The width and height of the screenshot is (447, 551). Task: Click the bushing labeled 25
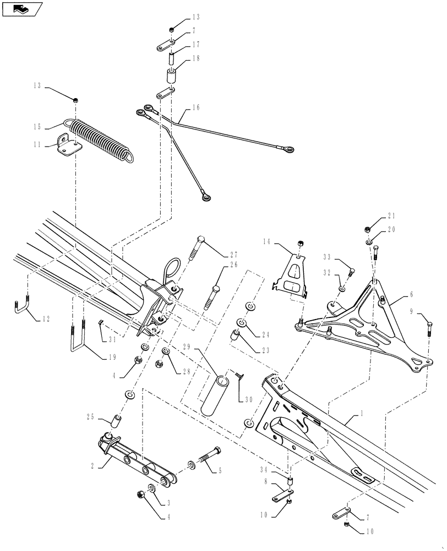pyautogui.click(x=116, y=422)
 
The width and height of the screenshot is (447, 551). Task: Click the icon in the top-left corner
pyautogui.click(x=21, y=9)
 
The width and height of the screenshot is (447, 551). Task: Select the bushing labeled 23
pyautogui.click(x=234, y=335)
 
